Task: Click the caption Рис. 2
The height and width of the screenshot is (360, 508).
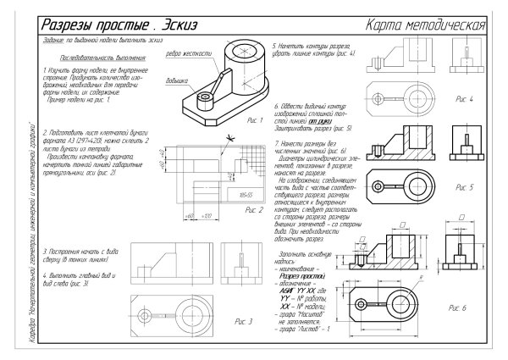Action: [x=254, y=209]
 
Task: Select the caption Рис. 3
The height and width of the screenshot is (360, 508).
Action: [x=244, y=322]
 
